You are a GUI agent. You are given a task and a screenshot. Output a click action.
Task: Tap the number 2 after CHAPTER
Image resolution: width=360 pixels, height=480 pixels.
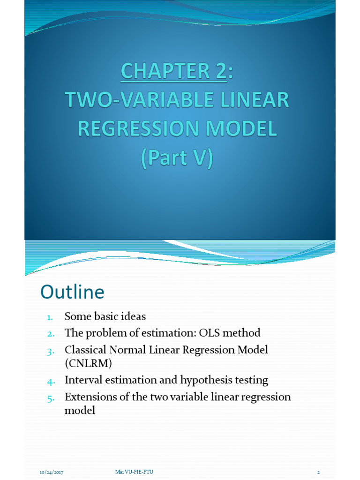[x=217, y=71]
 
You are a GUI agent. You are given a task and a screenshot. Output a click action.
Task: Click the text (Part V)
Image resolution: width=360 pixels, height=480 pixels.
[x=178, y=158]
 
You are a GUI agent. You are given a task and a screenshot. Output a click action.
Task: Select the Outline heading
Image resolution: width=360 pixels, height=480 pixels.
[x=72, y=292]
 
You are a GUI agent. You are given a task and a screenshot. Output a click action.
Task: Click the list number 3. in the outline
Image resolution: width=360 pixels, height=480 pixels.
[x=51, y=351]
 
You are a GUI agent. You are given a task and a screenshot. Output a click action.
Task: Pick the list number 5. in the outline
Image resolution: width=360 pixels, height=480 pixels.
[x=51, y=397]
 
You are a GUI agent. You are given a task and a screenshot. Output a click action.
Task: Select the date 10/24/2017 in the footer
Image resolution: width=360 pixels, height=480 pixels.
[x=51, y=472]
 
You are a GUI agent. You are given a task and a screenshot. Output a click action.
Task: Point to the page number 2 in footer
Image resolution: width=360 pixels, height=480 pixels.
[x=318, y=472]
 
